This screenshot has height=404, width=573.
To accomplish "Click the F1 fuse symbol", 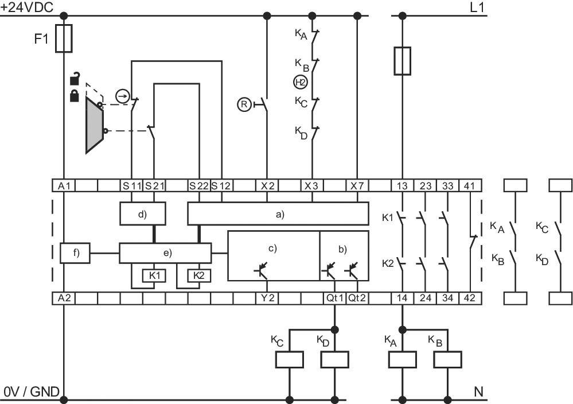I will coord(64,38).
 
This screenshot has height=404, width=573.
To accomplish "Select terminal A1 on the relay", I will coord(64,185).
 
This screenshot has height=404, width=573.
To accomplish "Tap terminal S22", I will coord(199,185).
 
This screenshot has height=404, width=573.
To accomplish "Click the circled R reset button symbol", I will coord(245,104).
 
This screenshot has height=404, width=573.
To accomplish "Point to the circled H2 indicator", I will coord(301,82).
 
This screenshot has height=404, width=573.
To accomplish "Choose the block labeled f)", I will coord(75,252).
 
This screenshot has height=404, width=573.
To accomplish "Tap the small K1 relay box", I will coord(154,275).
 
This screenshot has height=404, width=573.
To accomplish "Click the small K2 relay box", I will coord(198,275).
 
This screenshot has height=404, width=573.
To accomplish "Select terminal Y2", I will coord(267,298).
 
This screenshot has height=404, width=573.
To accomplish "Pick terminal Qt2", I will coord(357,298).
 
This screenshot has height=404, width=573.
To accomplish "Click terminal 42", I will coord(470,298).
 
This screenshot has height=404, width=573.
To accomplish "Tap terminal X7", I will coord(357,185).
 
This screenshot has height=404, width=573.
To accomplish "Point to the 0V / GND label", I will coord(32,392).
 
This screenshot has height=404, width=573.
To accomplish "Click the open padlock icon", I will coord(75,79).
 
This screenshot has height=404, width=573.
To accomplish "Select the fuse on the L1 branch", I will coord(402,61).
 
